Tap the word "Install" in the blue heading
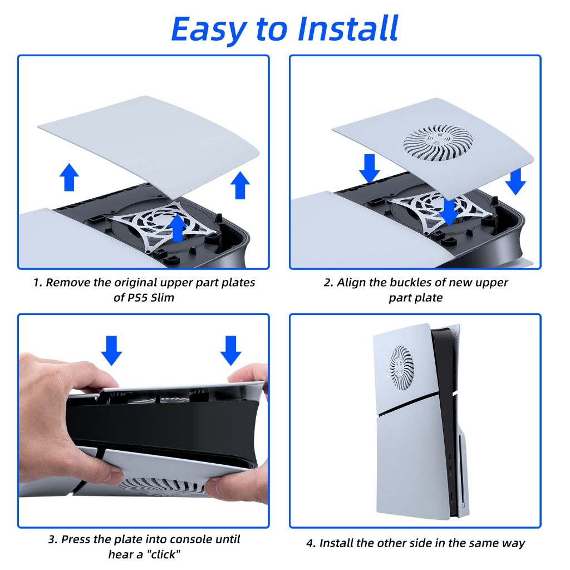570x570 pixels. click(348, 28)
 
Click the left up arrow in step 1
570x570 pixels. click(69, 177)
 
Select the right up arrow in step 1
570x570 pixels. click(240, 185)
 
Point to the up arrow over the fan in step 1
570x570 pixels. click(178, 228)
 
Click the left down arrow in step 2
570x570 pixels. click(370, 168)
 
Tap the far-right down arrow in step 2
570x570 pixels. click(515, 181)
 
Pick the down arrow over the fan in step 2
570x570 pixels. click(450, 212)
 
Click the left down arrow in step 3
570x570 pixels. click(111, 351)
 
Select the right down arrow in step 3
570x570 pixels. click(231, 351)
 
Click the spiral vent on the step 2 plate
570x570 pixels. click(439, 143)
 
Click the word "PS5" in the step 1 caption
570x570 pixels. click(136, 298)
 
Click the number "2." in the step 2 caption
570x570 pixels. click(328, 282)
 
